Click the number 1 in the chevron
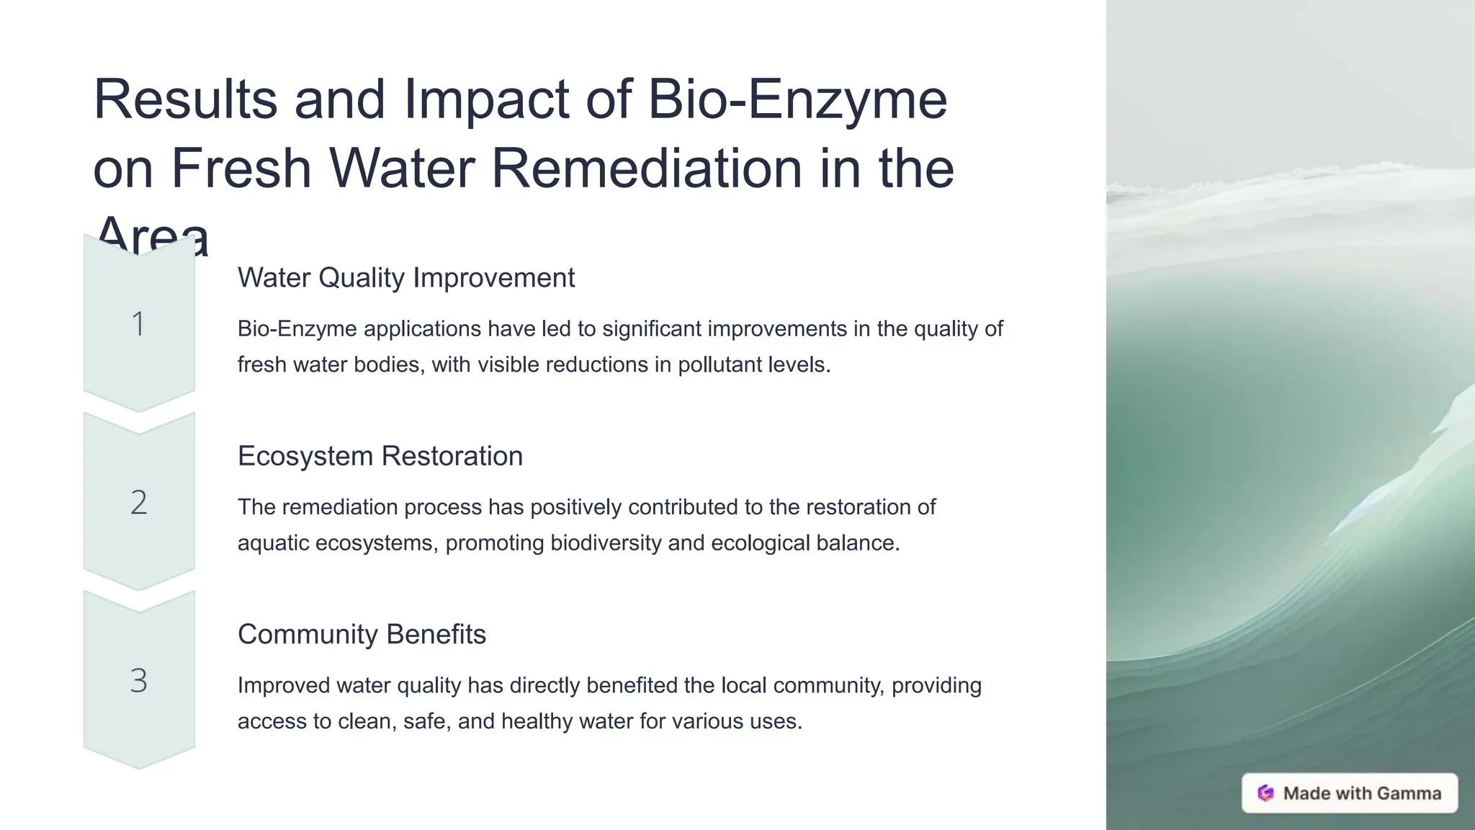point(138,323)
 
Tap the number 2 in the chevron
point(138,502)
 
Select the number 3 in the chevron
point(138,681)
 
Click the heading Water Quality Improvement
point(405,277)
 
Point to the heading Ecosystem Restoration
point(380,456)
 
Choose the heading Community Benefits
point(362,634)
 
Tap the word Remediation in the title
point(646,168)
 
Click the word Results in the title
point(185,99)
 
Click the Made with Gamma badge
point(1349,793)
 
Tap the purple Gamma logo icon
point(1265,793)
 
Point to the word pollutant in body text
point(719,365)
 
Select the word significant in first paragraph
point(652,329)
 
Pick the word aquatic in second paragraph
point(273,543)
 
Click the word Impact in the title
point(486,99)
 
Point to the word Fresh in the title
point(241,168)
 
